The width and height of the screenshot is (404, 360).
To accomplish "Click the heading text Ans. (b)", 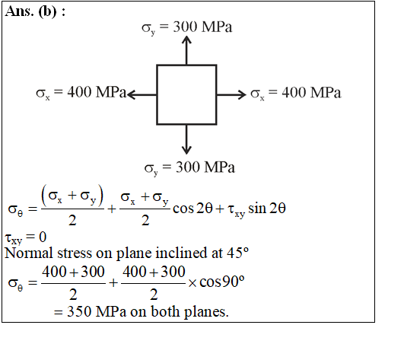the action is [35, 12].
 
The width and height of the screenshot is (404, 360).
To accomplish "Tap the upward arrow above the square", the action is [186, 50].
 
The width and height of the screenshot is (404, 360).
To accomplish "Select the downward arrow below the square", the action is [186, 139].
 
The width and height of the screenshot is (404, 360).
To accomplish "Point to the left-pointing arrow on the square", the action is [142, 94].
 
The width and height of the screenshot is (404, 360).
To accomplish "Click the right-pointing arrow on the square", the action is [231, 94].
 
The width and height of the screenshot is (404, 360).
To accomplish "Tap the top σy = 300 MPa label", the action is [187, 27].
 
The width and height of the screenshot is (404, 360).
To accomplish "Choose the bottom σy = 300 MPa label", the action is [189, 168].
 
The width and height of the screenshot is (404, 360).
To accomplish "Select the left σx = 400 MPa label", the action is [81, 93].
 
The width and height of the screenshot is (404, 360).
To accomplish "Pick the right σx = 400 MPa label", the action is [296, 93].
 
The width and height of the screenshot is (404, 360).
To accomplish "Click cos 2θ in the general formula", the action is [192, 209].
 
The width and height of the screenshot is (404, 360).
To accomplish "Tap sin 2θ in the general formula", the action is [267, 209].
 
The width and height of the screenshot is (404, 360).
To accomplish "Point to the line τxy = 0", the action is [26, 237].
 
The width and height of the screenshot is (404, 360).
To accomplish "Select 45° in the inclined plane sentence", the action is [237, 253].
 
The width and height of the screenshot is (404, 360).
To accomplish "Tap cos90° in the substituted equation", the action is [222, 282].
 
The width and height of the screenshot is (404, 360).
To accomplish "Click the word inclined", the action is [181, 253].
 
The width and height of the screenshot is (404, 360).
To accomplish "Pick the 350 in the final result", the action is [79, 311].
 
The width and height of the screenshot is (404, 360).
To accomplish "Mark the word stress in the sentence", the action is [75, 253].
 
